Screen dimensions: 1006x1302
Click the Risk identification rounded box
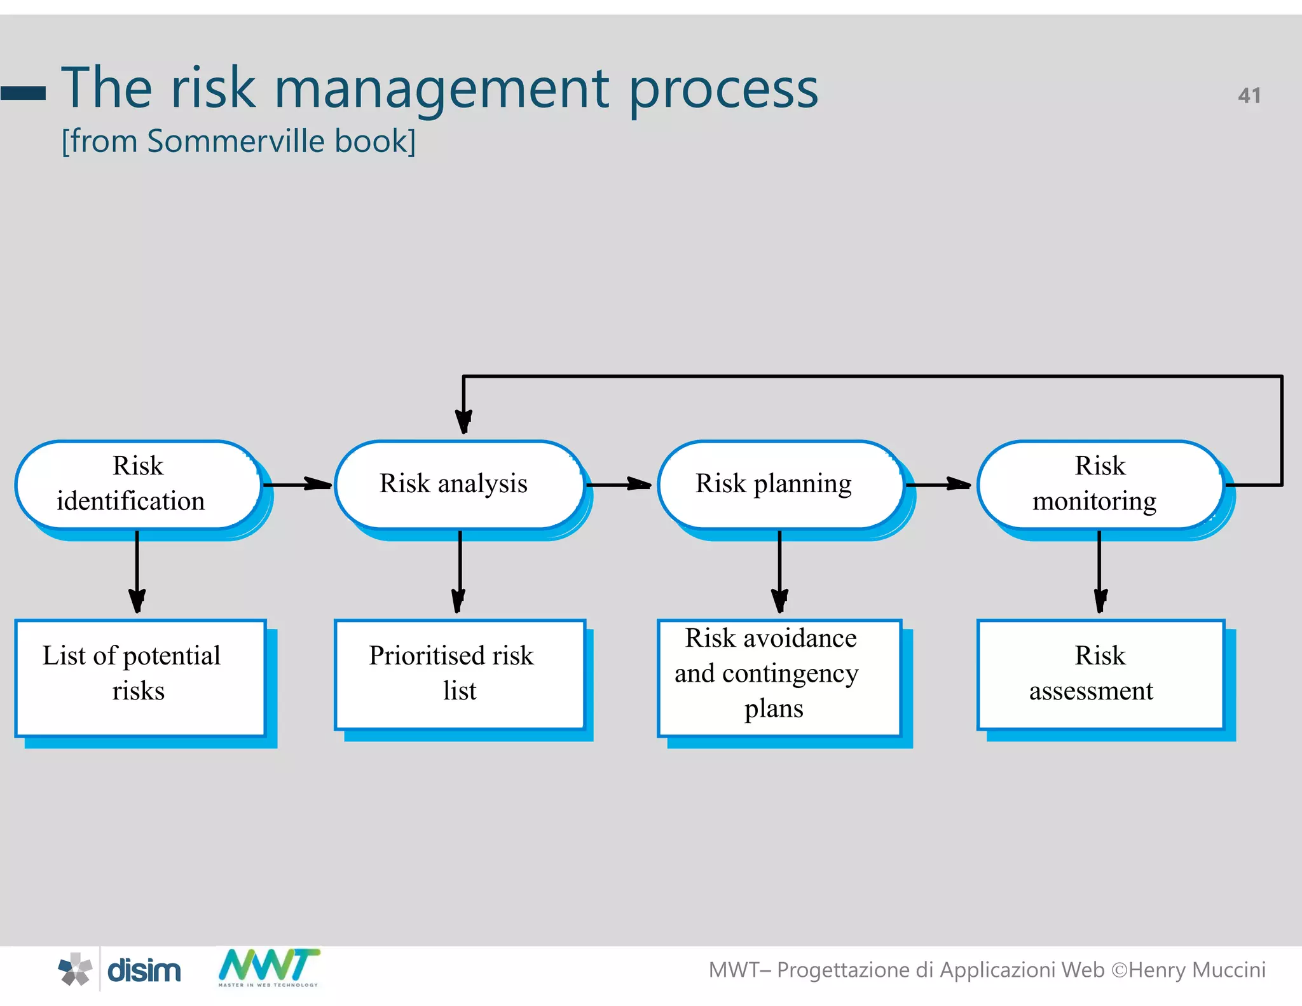tap(139, 485)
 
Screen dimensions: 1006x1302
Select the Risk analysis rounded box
tap(459, 485)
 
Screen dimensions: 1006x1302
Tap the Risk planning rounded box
tap(781, 485)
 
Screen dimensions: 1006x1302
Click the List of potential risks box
tap(140, 677)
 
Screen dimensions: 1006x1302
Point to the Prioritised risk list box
tap(459, 674)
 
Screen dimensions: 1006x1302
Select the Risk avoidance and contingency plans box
tap(779, 677)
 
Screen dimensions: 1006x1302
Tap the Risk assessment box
tap(1101, 674)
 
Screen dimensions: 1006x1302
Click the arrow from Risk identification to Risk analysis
tap(298, 485)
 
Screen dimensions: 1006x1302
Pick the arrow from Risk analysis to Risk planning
tap(619, 485)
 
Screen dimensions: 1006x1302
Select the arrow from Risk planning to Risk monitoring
tap(938, 485)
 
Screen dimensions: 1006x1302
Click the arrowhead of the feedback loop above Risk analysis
tap(463, 421)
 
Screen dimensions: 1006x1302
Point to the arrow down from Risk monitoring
tap(1100, 572)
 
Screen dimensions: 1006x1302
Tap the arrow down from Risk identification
tap(137, 572)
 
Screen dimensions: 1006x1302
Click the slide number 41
tap(1249, 95)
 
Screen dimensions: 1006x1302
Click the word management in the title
tap(442, 89)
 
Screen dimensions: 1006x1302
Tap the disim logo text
tap(144, 970)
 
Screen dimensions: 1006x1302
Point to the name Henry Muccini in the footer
tap(1197, 970)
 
